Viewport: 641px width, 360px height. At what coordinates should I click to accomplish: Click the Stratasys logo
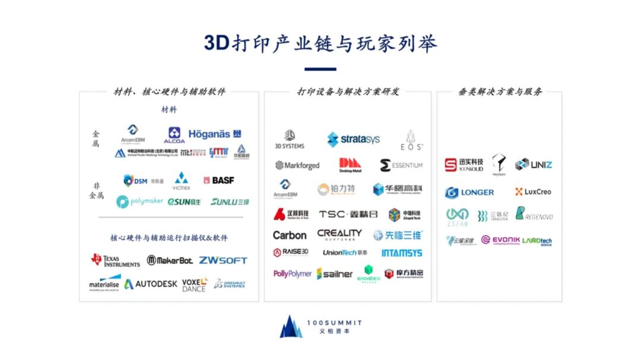[354, 140]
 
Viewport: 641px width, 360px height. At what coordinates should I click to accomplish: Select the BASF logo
[218, 180]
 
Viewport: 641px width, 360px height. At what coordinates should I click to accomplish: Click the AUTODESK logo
[151, 284]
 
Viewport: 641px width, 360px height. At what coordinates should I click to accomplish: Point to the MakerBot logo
[170, 260]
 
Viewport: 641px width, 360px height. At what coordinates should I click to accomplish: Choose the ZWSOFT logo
[223, 260]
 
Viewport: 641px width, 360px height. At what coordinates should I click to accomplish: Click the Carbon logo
[290, 235]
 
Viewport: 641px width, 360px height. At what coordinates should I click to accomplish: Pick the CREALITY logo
[339, 234]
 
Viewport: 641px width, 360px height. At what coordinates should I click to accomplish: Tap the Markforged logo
[297, 165]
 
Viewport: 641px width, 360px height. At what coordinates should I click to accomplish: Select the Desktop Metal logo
[350, 165]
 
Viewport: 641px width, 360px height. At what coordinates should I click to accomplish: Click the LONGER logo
[469, 193]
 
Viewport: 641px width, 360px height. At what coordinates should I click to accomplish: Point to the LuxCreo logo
[533, 192]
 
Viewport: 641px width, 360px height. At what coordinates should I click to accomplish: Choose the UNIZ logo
[534, 164]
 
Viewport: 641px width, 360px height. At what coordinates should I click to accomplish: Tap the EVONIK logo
[500, 240]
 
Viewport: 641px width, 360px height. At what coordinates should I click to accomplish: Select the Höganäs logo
[215, 134]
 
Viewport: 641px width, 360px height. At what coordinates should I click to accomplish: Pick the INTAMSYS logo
[402, 253]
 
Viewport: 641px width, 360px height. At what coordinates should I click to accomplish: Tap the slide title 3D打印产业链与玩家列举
[320, 43]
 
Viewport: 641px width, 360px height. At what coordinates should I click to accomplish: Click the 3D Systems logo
[290, 140]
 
